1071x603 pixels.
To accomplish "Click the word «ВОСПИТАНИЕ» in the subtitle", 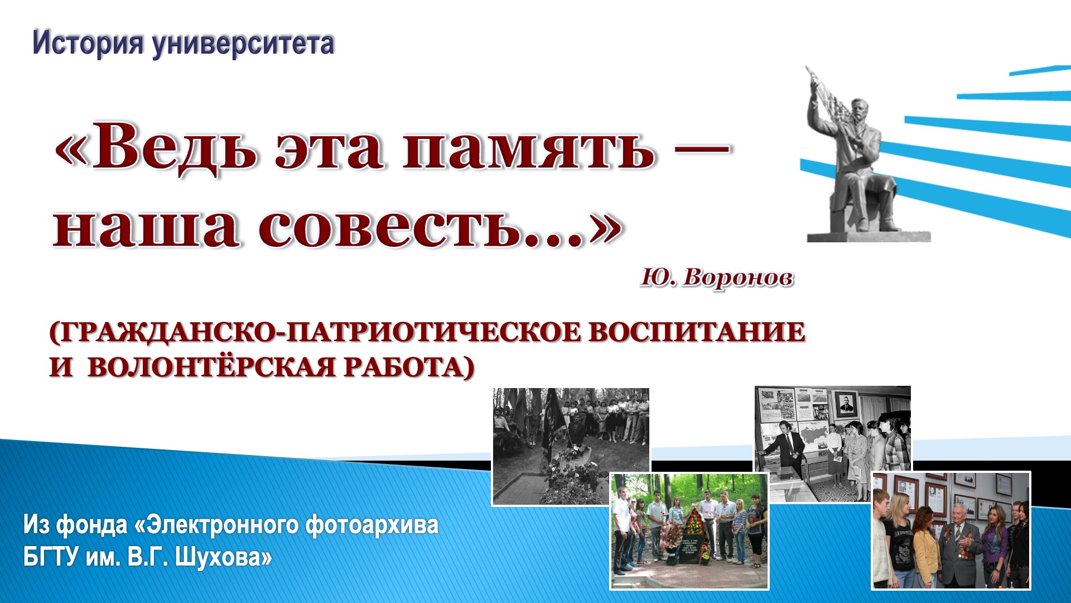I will coord(697,332).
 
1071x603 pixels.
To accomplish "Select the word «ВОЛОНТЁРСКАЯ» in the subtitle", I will coord(212,367).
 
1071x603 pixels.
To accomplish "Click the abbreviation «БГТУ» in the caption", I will coord(50,557).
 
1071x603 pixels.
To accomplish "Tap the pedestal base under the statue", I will coord(869,236).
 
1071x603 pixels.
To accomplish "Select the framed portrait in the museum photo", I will coord(846,404).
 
